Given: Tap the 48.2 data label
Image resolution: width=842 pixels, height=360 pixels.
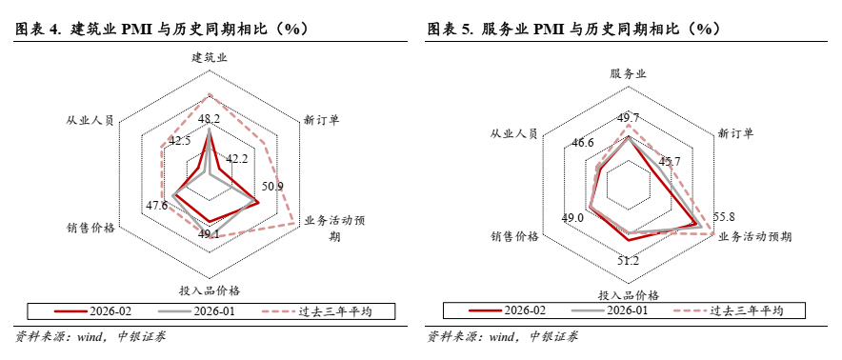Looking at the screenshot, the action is [210, 119].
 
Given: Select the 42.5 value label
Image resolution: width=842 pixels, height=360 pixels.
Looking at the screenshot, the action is [179, 141].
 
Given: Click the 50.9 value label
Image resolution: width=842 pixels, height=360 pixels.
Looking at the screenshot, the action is [271, 186].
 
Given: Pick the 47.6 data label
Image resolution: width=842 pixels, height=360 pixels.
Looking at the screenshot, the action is [157, 206].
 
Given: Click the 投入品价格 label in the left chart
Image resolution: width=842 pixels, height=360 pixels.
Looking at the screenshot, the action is [210, 290].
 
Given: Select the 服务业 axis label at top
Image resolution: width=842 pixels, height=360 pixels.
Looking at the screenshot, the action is [629, 73].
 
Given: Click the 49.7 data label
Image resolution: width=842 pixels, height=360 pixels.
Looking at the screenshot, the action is [629, 119].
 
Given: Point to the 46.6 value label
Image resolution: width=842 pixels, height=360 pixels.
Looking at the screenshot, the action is [584, 143].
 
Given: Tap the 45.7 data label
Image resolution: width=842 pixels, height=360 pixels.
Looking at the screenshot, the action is [670, 161].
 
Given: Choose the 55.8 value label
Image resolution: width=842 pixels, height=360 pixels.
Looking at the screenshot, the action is [724, 217].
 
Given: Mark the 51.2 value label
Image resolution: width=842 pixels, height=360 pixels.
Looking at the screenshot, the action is [629, 260].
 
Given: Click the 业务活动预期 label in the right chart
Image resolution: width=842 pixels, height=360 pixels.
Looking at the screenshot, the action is [755, 235].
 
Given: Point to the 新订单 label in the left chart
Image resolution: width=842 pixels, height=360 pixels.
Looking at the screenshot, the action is [322, 120].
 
